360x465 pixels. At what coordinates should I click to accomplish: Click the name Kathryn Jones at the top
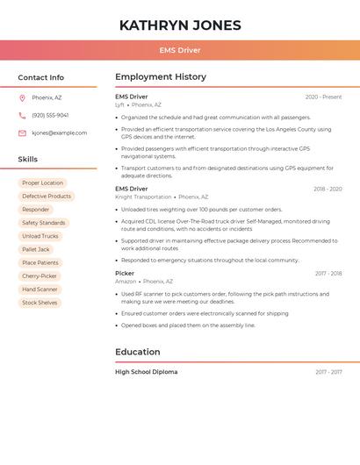179,25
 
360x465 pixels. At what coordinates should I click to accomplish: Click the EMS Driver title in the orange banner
179,50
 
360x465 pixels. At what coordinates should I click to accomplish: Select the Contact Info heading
40,77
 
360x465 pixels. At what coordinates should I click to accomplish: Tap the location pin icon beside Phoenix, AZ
22,97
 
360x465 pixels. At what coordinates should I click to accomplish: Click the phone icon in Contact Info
22,115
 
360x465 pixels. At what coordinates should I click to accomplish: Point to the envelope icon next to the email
22,133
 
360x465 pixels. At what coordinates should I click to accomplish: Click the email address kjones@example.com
59,133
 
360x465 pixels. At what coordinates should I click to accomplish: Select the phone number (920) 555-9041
50,115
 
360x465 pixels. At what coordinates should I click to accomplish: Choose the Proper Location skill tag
42,183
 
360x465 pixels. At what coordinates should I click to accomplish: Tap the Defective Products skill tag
47,197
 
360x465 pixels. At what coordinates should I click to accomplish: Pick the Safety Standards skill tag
44,223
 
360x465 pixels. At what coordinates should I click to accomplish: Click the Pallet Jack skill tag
36,249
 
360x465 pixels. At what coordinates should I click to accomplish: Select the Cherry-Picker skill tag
40,275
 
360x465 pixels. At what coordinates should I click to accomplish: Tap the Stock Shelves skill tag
40,303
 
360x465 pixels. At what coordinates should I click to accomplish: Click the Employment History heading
161,77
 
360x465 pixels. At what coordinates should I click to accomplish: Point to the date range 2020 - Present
323,97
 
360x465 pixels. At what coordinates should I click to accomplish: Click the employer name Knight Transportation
143,197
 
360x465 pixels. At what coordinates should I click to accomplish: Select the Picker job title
125,273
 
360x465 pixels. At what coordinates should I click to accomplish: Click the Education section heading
138,352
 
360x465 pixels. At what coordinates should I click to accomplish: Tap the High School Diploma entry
146,372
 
